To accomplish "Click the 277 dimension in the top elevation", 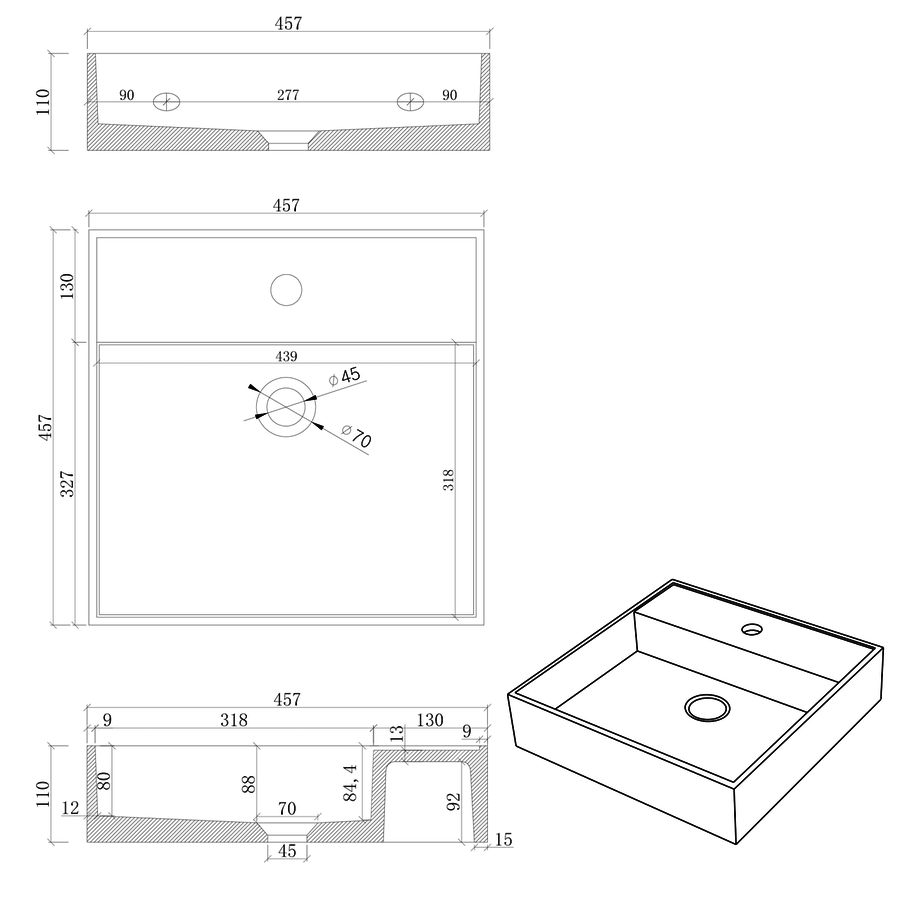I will click(x=288, y=95).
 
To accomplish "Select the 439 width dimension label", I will click(x=286, y=356).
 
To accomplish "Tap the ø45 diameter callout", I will click(x=344, y=376).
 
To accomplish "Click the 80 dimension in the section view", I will click(x=104, y=780).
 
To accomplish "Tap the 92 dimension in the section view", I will click(x=454, y=801).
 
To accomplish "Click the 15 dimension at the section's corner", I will click(x=503, y=840).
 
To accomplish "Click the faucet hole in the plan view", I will click(x=286, y=289).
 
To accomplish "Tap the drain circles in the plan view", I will click(x=286, y=405).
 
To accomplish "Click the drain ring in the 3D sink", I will click(x=707, y=708).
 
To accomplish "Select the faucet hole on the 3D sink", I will click(x=751, y=630).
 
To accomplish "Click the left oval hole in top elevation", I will click(x=167, y=101).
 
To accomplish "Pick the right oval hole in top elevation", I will click(x=410, y=101).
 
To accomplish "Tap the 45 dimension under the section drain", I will click(x=286, y=851).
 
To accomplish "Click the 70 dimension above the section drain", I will click(x=286, y=808).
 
